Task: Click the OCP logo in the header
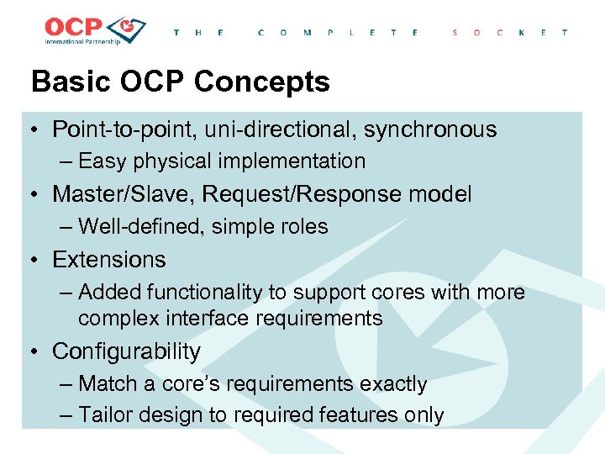tap(95, 30)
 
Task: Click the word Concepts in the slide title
tap(262, 82)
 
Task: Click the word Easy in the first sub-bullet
tap(103, 161)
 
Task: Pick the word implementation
tap(294, 161)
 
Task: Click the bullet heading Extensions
tap(109, 260)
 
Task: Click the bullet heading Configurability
tap(126, 351)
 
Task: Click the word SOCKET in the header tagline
tap(509, 33)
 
